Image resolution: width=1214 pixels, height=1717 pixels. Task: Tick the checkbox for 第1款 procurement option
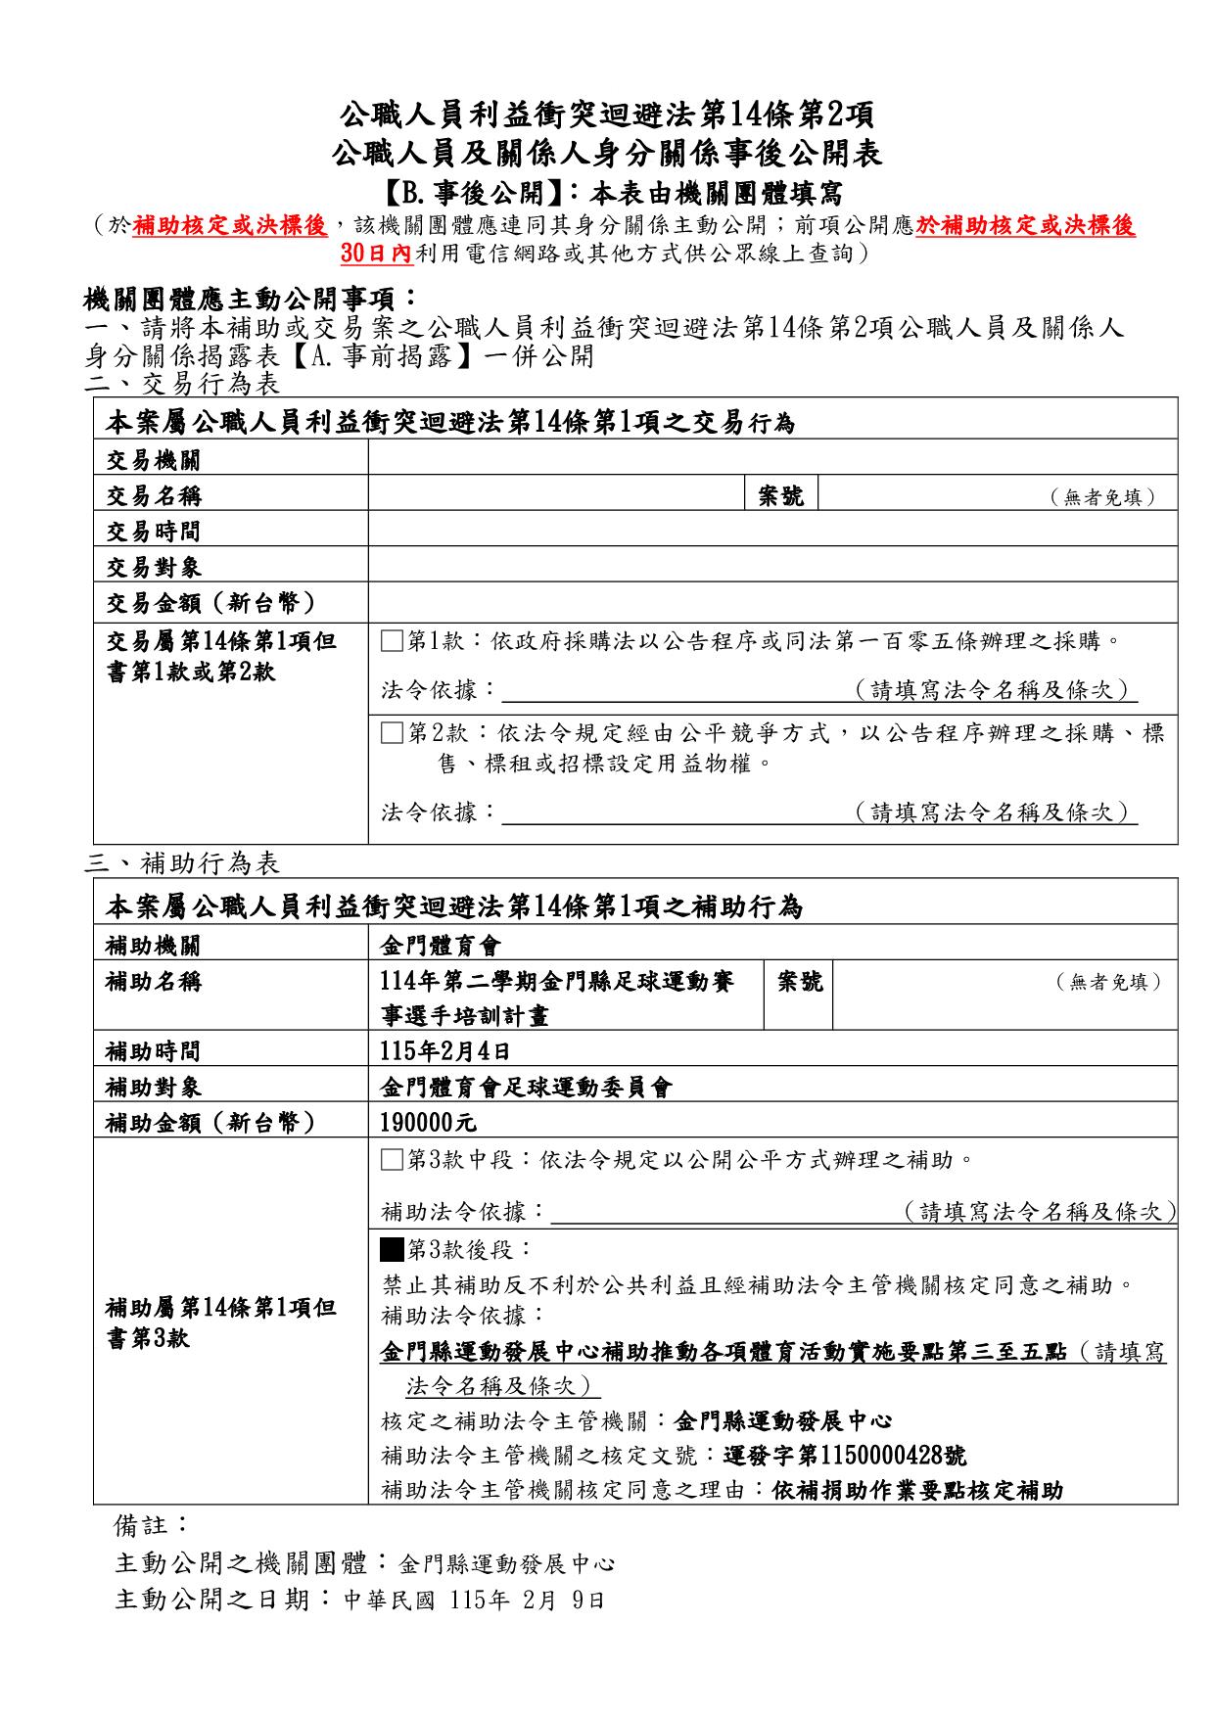392,642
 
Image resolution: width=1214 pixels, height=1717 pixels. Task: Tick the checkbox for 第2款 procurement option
392,733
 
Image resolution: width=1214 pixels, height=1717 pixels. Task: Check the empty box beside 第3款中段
392,1161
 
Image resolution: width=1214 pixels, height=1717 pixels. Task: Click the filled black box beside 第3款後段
392,1250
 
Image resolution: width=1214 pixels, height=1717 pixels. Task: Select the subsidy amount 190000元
428,1123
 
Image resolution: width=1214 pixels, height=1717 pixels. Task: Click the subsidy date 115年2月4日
445,1052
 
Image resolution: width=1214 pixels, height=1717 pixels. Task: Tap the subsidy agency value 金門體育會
440,946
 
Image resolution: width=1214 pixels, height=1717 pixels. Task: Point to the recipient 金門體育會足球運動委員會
526,1088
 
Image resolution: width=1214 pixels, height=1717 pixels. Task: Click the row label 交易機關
154,460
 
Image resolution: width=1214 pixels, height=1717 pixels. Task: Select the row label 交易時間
154,532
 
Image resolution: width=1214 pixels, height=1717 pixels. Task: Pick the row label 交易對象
154,568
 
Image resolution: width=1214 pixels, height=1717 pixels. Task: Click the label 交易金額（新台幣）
210,603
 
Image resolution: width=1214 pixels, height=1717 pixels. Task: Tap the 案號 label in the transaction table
781,496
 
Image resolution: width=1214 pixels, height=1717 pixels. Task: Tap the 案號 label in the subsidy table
800,982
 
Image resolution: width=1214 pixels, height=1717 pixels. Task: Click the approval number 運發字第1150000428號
845,1456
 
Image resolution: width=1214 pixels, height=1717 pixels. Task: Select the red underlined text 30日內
378,254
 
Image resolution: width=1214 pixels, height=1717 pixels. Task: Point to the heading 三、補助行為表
183,862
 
